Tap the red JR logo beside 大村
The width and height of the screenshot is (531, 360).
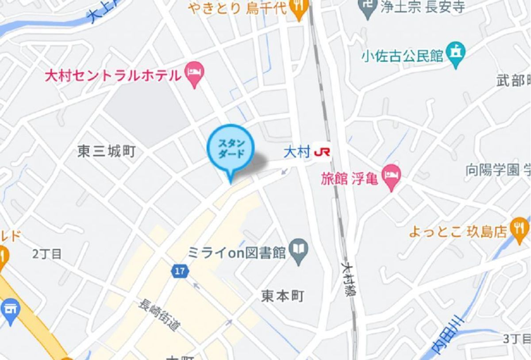(322, 153)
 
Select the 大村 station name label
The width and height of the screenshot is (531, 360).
(296, 153)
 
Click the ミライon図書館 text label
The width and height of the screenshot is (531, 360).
(237, 253)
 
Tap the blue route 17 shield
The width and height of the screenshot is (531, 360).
(180, 272)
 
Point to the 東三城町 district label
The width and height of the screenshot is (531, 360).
(106, 152)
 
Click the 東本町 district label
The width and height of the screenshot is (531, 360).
(282, 296)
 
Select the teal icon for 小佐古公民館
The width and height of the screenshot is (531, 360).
(456, 53)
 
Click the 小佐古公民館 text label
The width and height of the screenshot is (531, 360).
(402, 56)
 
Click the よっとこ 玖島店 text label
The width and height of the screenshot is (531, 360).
(457, 232)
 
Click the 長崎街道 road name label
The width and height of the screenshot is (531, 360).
(159, 315)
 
